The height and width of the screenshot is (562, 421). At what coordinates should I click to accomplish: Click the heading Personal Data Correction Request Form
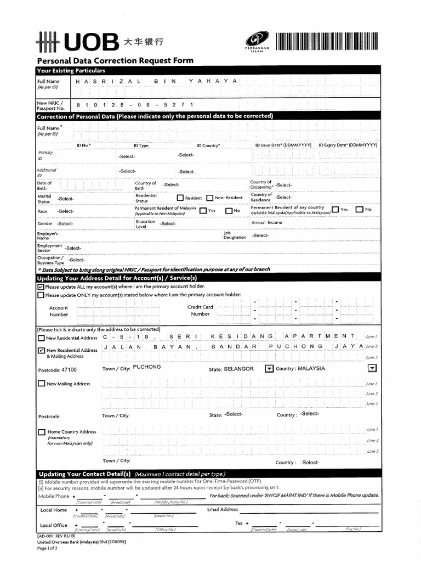(x=115, y=60)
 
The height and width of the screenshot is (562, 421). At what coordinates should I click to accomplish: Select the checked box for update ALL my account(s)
(x=41, y=286)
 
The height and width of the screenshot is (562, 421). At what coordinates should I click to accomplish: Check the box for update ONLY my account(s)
(x=41, y=295)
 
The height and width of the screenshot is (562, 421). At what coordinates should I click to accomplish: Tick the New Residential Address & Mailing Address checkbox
(x=42, y=350)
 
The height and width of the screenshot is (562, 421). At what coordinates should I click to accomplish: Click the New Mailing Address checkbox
(x=42, y=384)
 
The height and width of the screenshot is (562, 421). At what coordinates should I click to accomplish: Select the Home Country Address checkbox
(x=42, y=432)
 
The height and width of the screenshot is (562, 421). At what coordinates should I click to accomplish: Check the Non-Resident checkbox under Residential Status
(x=209, y=198)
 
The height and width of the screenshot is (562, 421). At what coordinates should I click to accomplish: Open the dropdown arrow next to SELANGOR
(x=269, y=369)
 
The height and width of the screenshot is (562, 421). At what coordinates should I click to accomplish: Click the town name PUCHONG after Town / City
(x=147, y=367)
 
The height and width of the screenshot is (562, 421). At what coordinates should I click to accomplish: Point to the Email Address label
(x=223, y=509)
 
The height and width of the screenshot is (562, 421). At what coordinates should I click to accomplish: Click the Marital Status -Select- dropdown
(x=66, y=199)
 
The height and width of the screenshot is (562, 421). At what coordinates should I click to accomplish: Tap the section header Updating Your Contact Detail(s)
(x=84, y=474)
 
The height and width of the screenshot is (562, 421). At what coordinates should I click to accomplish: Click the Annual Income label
(x=266, y=223)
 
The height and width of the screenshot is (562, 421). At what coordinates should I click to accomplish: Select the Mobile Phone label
(x=54, y=496)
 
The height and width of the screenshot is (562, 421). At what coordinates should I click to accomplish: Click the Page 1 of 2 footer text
(x=47, y=548)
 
